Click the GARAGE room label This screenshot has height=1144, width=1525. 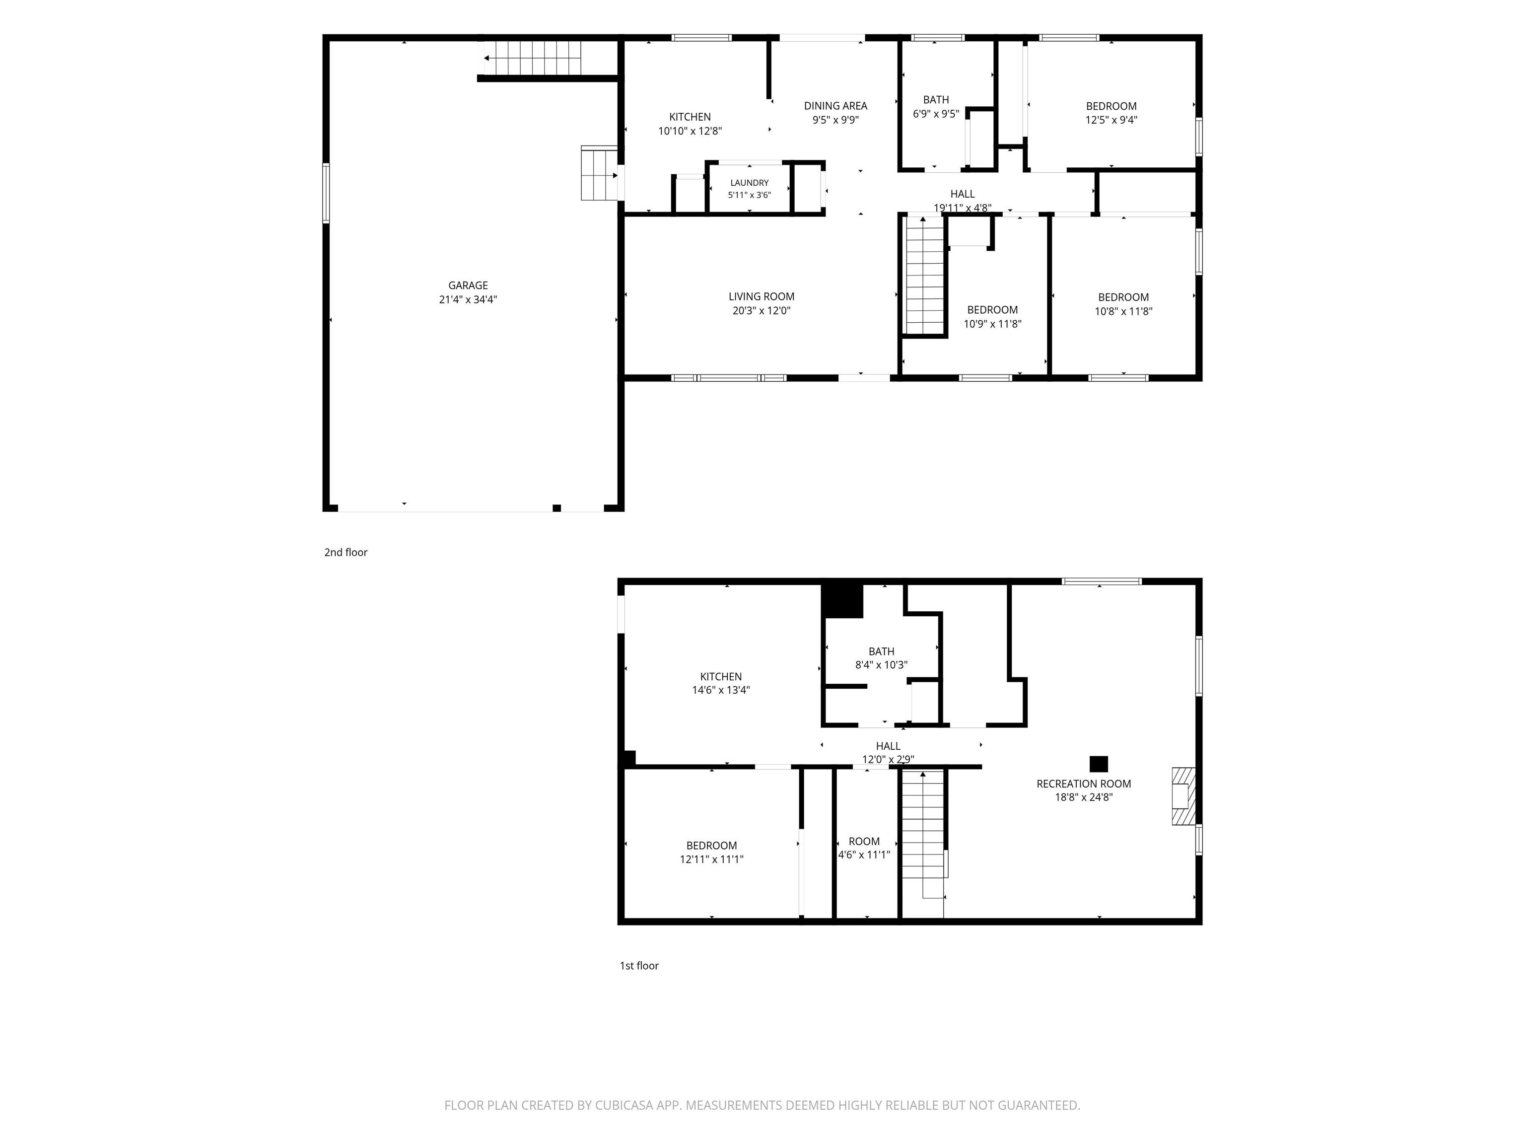tap(468, 286)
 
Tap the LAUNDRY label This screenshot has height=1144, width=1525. tap(750, 183)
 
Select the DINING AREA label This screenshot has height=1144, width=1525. tap(835, 105)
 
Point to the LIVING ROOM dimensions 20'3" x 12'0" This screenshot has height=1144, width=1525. tap(762, 311)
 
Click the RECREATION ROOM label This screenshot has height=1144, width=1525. tap(1084, 784)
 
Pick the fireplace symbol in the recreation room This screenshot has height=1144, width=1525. tap(1183, 796)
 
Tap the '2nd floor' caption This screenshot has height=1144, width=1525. tap(346, 552)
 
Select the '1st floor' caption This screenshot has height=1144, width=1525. tap(639, 965)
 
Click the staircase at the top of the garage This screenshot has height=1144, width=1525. tap(531, 58)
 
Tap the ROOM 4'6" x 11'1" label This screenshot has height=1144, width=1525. tap(864, 848)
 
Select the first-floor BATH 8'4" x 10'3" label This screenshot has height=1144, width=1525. tap(881, 658)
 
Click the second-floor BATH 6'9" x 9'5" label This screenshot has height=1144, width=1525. tap(936, 107)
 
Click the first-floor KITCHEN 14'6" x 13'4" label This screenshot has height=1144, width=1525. tap(721, 683)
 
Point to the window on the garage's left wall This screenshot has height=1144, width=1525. tap(326, 193)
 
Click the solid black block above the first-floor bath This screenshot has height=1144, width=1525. tap(842, 601)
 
